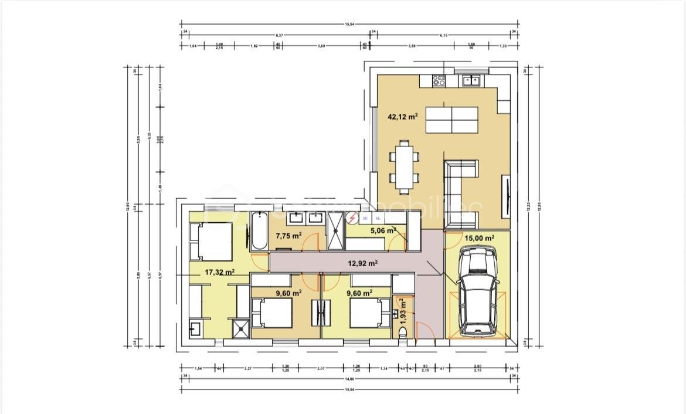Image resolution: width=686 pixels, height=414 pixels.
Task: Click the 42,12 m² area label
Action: pos(402,117)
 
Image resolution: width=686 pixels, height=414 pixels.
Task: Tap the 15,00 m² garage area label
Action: pos(479,238)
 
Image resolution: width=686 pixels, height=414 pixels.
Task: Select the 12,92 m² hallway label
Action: pos(362,263)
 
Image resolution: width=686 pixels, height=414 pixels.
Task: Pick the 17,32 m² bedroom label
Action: pos(220,272)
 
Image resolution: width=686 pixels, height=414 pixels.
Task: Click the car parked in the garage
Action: pos(478,291)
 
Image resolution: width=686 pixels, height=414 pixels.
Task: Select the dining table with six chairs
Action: pos(403,167)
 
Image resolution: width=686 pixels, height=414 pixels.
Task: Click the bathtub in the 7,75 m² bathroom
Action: pos(259,233)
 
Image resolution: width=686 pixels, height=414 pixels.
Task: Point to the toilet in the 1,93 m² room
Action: pos(403,334)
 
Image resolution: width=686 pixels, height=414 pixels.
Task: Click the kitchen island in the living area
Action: pos(451,119)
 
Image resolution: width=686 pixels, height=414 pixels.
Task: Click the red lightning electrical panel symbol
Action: pos(352,218)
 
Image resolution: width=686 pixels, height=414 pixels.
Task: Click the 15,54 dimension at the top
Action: pos(349,24)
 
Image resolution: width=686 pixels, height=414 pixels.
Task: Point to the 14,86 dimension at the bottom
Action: pos(349,379)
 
